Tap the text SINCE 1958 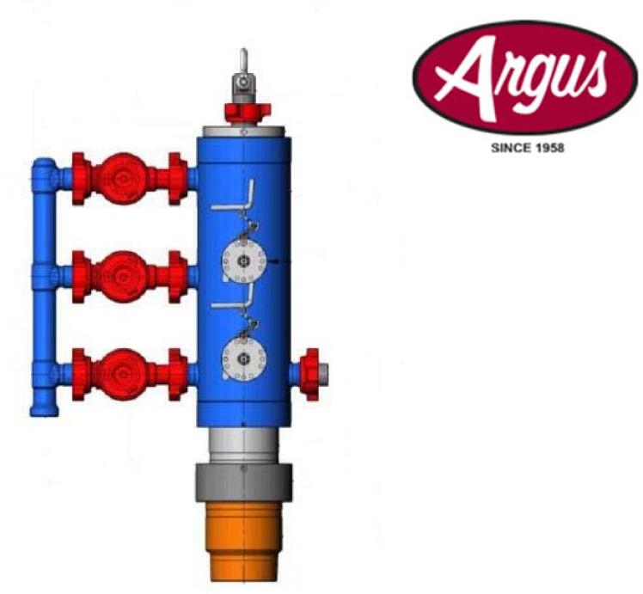tap(526, 148)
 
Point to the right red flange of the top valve tap(177, 178)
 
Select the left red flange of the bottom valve tap(80, 372)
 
